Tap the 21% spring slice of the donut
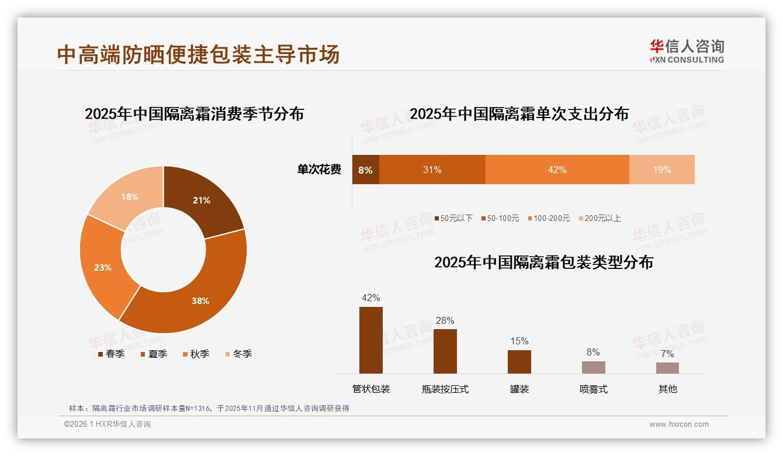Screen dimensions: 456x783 click(202, 199)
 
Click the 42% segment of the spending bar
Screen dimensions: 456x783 click(557, 170)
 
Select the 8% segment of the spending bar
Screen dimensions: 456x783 click(366, 170)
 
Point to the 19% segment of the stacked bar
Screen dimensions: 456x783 click(661, 170)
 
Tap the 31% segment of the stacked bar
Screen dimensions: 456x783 click(432, 170)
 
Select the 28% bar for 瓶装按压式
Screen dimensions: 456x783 click(445, 351)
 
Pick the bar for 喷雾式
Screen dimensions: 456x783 click(593, 367)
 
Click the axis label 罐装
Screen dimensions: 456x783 click(519, 389)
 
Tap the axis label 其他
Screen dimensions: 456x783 click(667, 389)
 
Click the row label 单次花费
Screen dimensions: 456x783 click(318, 170)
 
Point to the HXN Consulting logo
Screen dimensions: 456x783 click(687, 51)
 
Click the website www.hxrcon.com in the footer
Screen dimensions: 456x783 click(678, 424)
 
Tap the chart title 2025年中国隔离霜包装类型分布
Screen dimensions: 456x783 click(543, 262)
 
